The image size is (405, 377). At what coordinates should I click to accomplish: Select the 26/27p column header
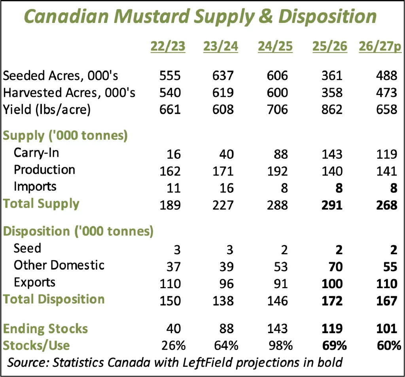[380, 47]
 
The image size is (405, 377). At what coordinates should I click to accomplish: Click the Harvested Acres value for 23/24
[224, 92]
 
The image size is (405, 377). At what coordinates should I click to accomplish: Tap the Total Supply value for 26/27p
[384, 204]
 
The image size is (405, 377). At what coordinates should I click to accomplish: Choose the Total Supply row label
[41, 204]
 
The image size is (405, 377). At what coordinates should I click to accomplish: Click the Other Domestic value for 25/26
[335, 266]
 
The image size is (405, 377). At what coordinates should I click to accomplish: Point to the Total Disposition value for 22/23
[170, 300]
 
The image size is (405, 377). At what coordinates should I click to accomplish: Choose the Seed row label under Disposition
[27, 248]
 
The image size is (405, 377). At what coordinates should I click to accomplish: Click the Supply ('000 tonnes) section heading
[65, 135]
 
